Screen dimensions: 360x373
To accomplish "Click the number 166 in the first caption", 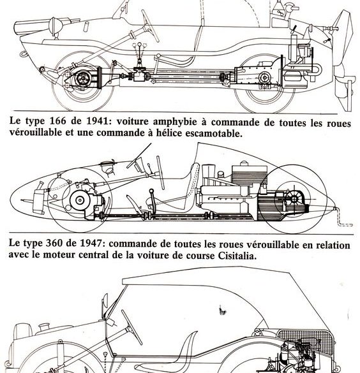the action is [x=57, y=121].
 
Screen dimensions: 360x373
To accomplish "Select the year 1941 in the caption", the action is [x=97, y=121].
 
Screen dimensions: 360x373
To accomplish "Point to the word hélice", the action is [x=168, y=133].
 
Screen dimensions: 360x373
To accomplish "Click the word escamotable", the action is [x=214, y=133].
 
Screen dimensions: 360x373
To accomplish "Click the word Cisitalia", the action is [x=237, y=255].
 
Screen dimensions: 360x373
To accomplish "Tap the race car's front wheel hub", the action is [x=80, y=200].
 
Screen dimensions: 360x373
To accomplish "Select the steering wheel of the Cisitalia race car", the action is [x=160, y=172].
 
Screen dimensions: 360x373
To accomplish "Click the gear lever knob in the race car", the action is [x=151, y=191].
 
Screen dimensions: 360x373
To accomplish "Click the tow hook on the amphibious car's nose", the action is [x=24, y=54].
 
